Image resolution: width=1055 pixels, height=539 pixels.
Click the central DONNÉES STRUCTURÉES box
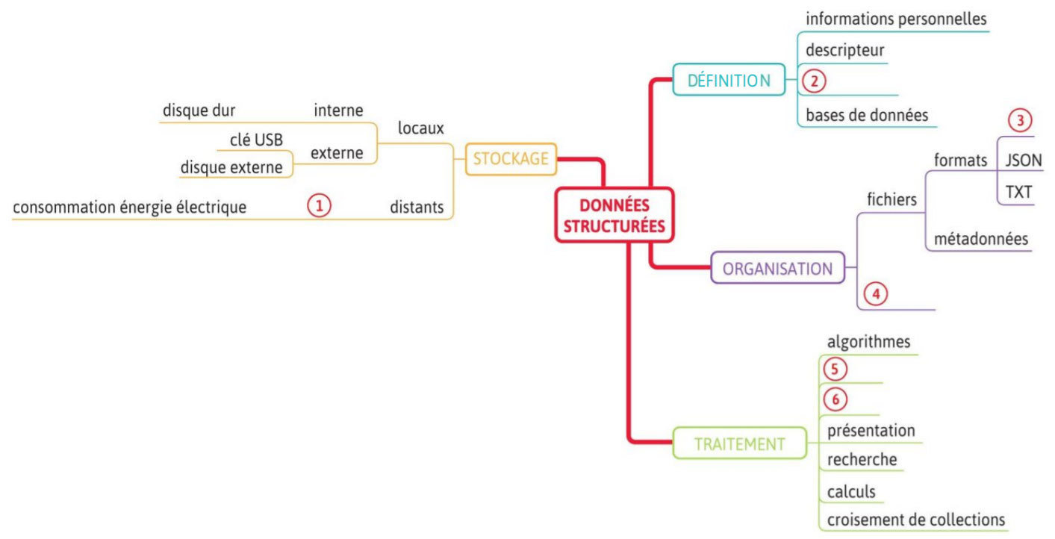pos(614,215)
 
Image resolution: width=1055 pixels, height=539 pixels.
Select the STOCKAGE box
pos(511,158)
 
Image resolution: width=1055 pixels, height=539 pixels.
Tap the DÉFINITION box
pos(729,80)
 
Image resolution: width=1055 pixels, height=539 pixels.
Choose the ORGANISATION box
pos(777,269)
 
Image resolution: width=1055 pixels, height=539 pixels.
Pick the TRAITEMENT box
pos(739,443)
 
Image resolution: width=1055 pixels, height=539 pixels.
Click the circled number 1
pos(319,205)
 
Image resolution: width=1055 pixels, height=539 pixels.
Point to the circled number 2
pos(814,80)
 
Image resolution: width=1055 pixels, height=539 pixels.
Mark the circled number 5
pos(835,369)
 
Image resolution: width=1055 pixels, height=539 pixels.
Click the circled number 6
pos(835,400)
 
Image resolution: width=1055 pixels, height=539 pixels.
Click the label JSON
pos(1024,160)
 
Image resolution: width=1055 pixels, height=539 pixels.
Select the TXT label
pos(1018,192)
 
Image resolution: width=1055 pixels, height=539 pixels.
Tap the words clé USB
pos(256,139)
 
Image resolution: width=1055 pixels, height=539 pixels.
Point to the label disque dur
pos(199,110)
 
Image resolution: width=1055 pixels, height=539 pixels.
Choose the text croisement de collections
pos(916,519)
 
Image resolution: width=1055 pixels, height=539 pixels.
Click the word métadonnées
pos(981,239)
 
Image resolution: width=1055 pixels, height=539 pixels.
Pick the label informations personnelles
pos(896,19)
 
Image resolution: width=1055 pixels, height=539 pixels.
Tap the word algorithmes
pos(868,342)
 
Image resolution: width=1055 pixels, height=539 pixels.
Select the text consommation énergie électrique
pos(129,207)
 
